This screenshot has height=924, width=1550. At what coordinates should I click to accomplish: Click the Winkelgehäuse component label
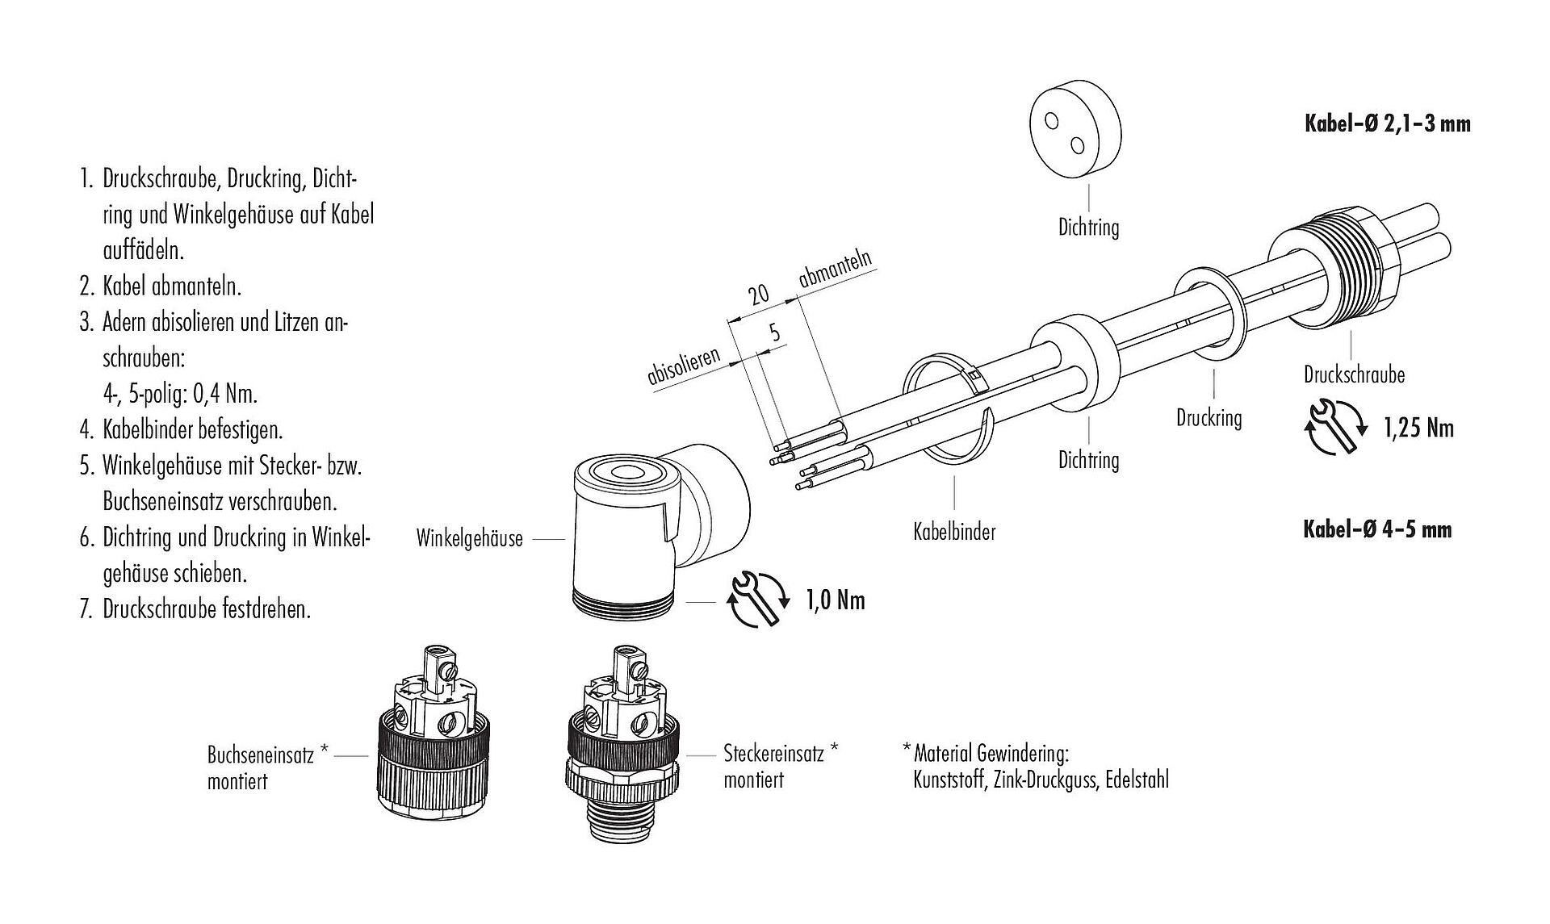point(469,538)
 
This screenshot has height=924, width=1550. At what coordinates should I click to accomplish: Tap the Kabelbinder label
point(954,532)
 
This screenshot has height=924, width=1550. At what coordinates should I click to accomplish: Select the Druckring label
point(1209,418)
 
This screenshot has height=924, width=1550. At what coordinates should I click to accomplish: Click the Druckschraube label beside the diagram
point(1354,374)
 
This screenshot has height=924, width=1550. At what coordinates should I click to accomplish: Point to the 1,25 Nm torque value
point(1418,428)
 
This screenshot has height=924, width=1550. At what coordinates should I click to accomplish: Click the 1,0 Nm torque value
point(836,600)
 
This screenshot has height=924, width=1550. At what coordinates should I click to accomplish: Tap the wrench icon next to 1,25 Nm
point(1336,429)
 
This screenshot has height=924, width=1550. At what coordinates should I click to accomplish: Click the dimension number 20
point(758,294)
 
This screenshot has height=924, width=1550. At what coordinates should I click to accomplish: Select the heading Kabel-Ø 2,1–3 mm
point(1388,123)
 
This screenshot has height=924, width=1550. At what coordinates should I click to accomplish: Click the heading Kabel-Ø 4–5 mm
point(1377,529)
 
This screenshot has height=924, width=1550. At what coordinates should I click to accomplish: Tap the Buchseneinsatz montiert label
point(268,767)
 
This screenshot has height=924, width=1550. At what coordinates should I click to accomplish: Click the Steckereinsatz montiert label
point(781,766)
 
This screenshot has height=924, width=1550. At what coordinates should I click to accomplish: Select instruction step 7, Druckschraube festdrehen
point(195,608)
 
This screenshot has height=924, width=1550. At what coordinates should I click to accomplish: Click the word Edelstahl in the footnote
point(1137,780)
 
